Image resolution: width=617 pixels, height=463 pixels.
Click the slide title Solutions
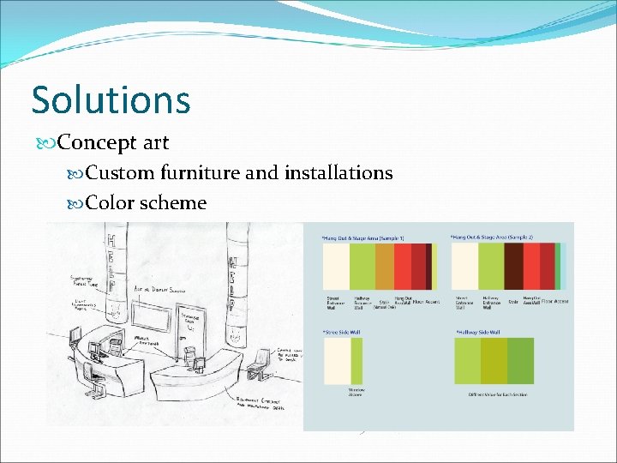tap(111, 99)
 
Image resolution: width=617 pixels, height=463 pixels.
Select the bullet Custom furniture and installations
tap(239, 173)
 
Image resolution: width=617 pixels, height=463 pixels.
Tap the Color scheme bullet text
tap(147, 203)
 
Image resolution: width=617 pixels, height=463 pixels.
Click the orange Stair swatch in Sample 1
tap(385, 267)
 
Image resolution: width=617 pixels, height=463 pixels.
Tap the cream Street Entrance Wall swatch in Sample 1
tap(336, 267)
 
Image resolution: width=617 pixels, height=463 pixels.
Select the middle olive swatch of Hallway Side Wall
tap(494, 360)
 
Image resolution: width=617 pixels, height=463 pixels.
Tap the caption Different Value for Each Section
tap(494, 395)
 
